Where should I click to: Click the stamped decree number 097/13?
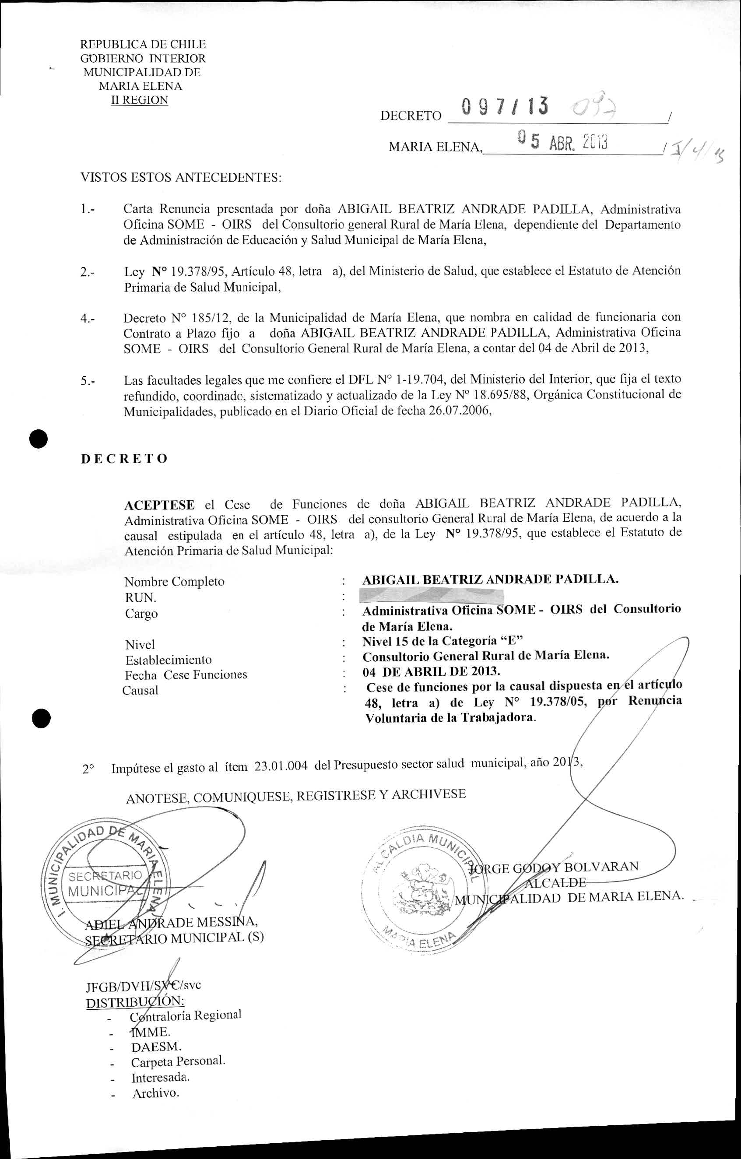pos(504,106)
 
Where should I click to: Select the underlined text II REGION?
pos(139,100)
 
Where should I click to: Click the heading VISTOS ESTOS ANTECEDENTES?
pos(180,177)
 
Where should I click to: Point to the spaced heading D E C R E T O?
pos(124,458)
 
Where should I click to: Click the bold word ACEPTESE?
pos(159,505)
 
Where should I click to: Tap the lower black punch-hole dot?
pos(42,719)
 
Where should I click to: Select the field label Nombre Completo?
pos(174,581)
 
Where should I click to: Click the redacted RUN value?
pos(432,596)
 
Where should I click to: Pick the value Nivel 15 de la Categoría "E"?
pos(442,641)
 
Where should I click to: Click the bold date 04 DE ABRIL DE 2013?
pos(431,671)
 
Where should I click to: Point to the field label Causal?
pos(140,690)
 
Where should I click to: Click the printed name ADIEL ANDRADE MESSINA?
pos(171,923)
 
